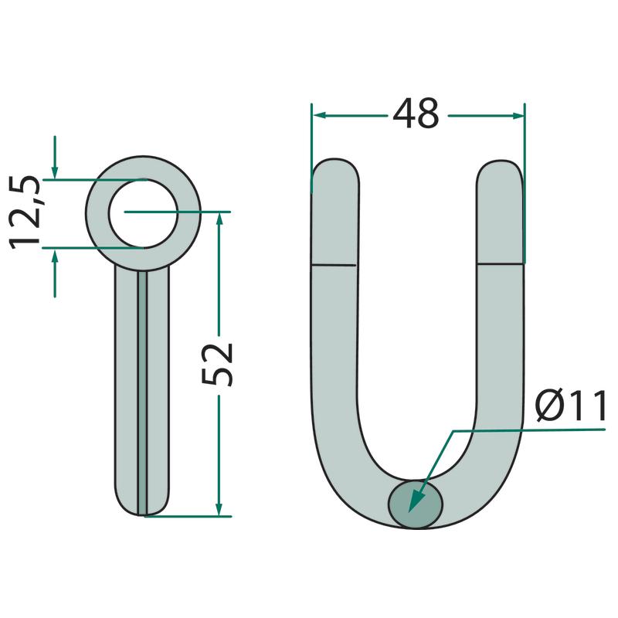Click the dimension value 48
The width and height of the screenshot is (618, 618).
pyautogui.click(x=416, y=114)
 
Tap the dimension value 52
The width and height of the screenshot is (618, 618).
pyautogui.click(x=217, y=365)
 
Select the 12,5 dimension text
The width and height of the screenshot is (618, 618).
pyautogui.click(x=25, y=213)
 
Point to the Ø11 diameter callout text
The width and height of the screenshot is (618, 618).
pyautogui.click(x=571, y=406)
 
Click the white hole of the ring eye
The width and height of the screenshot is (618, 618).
pyautogui.click(x=144, y=214)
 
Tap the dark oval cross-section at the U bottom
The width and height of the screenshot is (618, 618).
pyautogui.click(x=416, y=504)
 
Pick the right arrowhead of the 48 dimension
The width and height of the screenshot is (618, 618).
pyautogui.click(x=518, y=115)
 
